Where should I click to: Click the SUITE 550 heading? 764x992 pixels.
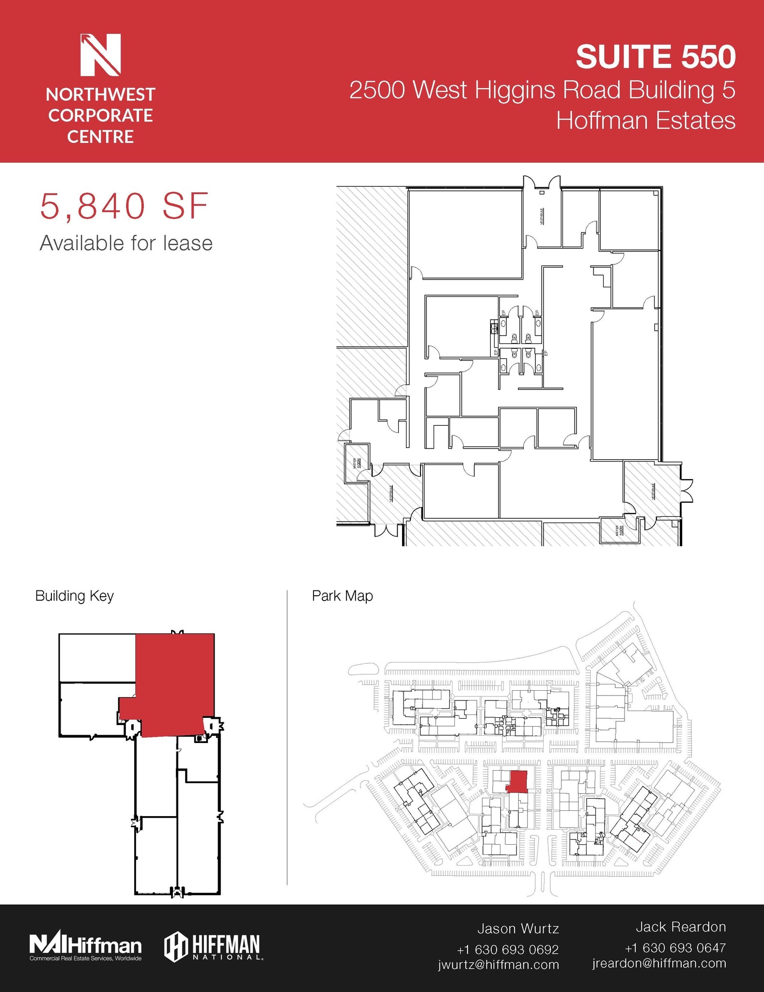[655, 57]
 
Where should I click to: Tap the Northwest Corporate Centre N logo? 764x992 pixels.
[100, 55]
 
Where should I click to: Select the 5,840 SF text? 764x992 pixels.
[124, 207]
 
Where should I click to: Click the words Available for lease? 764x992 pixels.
[126, 243]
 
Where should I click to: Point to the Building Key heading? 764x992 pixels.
[74, 596]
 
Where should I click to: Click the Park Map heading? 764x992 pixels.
[342, 596]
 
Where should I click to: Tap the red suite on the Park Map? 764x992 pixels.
[517, 781]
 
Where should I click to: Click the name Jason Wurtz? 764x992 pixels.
[518, 929]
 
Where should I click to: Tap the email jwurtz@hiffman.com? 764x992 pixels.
[499, 964]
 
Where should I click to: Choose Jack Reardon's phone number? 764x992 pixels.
[675, 947]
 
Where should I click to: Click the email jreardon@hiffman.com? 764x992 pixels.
[659, 963]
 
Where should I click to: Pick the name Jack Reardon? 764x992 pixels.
[681, 927]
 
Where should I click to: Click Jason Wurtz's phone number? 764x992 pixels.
[508, 949]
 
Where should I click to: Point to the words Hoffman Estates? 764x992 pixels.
[645, 120]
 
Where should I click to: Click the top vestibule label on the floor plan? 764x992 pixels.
[541, 216]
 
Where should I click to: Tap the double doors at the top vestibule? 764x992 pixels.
[542, 183]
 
